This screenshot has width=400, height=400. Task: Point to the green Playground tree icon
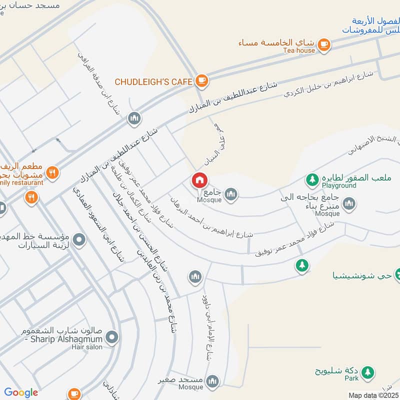312,178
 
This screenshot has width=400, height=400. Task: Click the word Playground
338,185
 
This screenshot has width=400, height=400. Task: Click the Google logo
21,392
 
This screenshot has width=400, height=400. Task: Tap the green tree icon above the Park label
368,372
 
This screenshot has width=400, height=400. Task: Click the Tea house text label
299,50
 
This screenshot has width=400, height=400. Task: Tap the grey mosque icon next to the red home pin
230,193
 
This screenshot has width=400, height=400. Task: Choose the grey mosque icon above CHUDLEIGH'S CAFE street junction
134,118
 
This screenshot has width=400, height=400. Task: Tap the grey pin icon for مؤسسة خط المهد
79,240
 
